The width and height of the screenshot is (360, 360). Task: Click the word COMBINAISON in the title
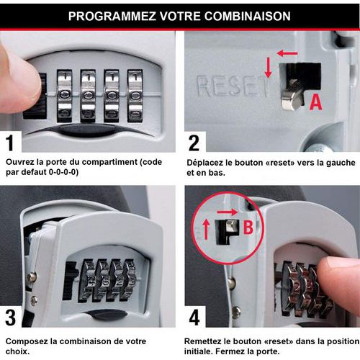tap(248, 17)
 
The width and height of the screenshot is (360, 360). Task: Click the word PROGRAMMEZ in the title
tap(112, 17)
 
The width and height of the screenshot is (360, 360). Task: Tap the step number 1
tap(10, 143)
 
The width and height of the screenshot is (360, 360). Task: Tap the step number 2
tap(194, 143)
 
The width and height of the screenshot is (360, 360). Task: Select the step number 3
tap(11, 318)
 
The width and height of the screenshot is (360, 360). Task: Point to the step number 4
tap(194, 318)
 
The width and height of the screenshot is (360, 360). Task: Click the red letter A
tap(315, 102)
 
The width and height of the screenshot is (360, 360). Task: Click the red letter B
tap(248, 227)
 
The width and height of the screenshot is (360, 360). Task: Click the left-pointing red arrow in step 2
tap(287, 53)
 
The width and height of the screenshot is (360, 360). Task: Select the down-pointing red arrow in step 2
tap(269, 67)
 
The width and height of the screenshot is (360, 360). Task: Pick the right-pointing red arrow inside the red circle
tap(227, 212)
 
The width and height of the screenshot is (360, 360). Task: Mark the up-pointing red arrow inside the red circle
tap(206, 230)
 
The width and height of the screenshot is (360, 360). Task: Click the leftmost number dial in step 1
tap(64, 96)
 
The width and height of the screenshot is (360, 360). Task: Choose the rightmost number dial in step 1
tap(135, 96)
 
